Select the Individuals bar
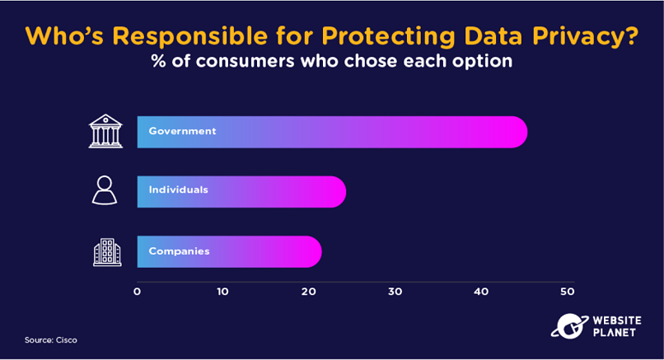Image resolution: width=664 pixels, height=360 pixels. pyautogui.click(x=241, y=192)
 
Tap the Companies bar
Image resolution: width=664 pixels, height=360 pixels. pyautogui.click(x=229, y=251)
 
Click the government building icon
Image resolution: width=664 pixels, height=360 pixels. pyautogui.click(x=105, y=131)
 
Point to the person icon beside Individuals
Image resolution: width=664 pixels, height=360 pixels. pyautogui.click(x=105, y=190)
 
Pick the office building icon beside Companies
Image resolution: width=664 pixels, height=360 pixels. pyautogui.click(x=107, y=252)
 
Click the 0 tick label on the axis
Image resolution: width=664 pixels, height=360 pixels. pyautogui.click(x=137, y=292)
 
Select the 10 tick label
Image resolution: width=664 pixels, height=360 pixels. pyautogui.click(x=222, y=292)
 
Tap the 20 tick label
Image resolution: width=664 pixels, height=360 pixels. pyautogui.click(x=309, y=292)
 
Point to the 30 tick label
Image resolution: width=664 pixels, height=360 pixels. pyautogui.click(x=395, y=292)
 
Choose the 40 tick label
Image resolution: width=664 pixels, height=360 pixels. pyautogui.click(x=481, y=292)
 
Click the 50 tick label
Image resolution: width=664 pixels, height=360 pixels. pyautogui.click(x=568, y=292)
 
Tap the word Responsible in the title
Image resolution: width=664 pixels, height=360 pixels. pyautogui.click(x=189, y=35)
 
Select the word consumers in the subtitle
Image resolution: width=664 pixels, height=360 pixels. pyautogui.click(x=245, y=62)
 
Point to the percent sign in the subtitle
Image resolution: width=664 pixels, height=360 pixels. pyautogui.click(x=159, y=61)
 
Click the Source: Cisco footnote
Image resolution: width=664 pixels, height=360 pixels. pyautogui.click(x=51, y=340)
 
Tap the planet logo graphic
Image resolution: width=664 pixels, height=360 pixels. pyautogui.click(x=569, y=326)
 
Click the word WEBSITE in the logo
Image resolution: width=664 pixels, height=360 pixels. pyautogui.click(x=617, y=320)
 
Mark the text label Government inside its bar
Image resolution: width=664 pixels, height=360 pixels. pyautogui.click(x=183, y=131)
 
